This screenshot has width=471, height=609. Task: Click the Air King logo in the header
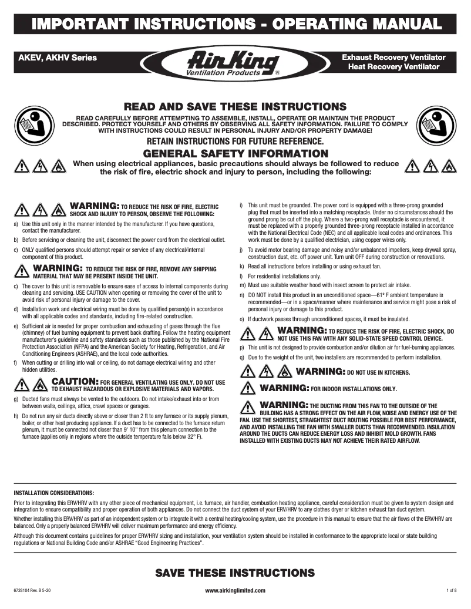coord(235,63)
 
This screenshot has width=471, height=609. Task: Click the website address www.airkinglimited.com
coord(235,590)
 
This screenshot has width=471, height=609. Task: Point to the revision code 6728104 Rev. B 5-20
coord(36,590)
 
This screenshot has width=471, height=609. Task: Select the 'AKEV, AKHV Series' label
coord(58,58)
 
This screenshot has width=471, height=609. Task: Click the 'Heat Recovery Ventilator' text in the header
coord(393,68)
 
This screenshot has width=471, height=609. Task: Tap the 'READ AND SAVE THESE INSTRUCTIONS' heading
coord(235,107)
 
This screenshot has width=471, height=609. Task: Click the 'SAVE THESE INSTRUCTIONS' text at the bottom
coord(235,573)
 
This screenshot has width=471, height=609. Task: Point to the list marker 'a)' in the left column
coord(15,224)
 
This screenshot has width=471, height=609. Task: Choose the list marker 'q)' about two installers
coord(243,357)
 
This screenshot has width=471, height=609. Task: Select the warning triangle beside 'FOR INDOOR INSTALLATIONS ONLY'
coord(248,389)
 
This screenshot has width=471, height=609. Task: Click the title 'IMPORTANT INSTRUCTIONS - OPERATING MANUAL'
coord(235,24)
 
